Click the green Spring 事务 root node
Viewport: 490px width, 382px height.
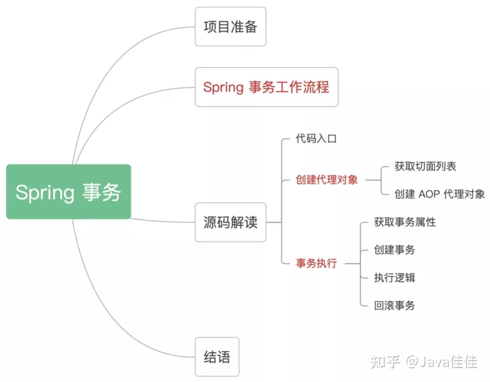point(68,191)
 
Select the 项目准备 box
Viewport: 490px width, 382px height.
point(230,27)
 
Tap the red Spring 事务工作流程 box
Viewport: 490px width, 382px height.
point(266,87)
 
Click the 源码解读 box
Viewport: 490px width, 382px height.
point(230,222)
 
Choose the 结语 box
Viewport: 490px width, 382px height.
point(217,357)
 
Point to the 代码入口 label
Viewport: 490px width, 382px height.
point(316,138)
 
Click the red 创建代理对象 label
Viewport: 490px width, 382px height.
point(327,180)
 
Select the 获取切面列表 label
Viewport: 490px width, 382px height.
point(425,166)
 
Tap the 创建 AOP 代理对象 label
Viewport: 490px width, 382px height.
point(440,194)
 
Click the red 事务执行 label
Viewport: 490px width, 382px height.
point(316,264)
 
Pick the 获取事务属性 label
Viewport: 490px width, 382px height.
point(405,222)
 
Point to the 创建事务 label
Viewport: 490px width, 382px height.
point(395,250)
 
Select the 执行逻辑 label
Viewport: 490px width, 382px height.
point(395,277)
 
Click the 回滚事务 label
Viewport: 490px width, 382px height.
point(395,305)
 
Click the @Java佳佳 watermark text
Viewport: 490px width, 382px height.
point(442,362)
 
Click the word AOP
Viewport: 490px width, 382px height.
point(429,194)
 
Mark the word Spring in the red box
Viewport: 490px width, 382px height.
point(223,87)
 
